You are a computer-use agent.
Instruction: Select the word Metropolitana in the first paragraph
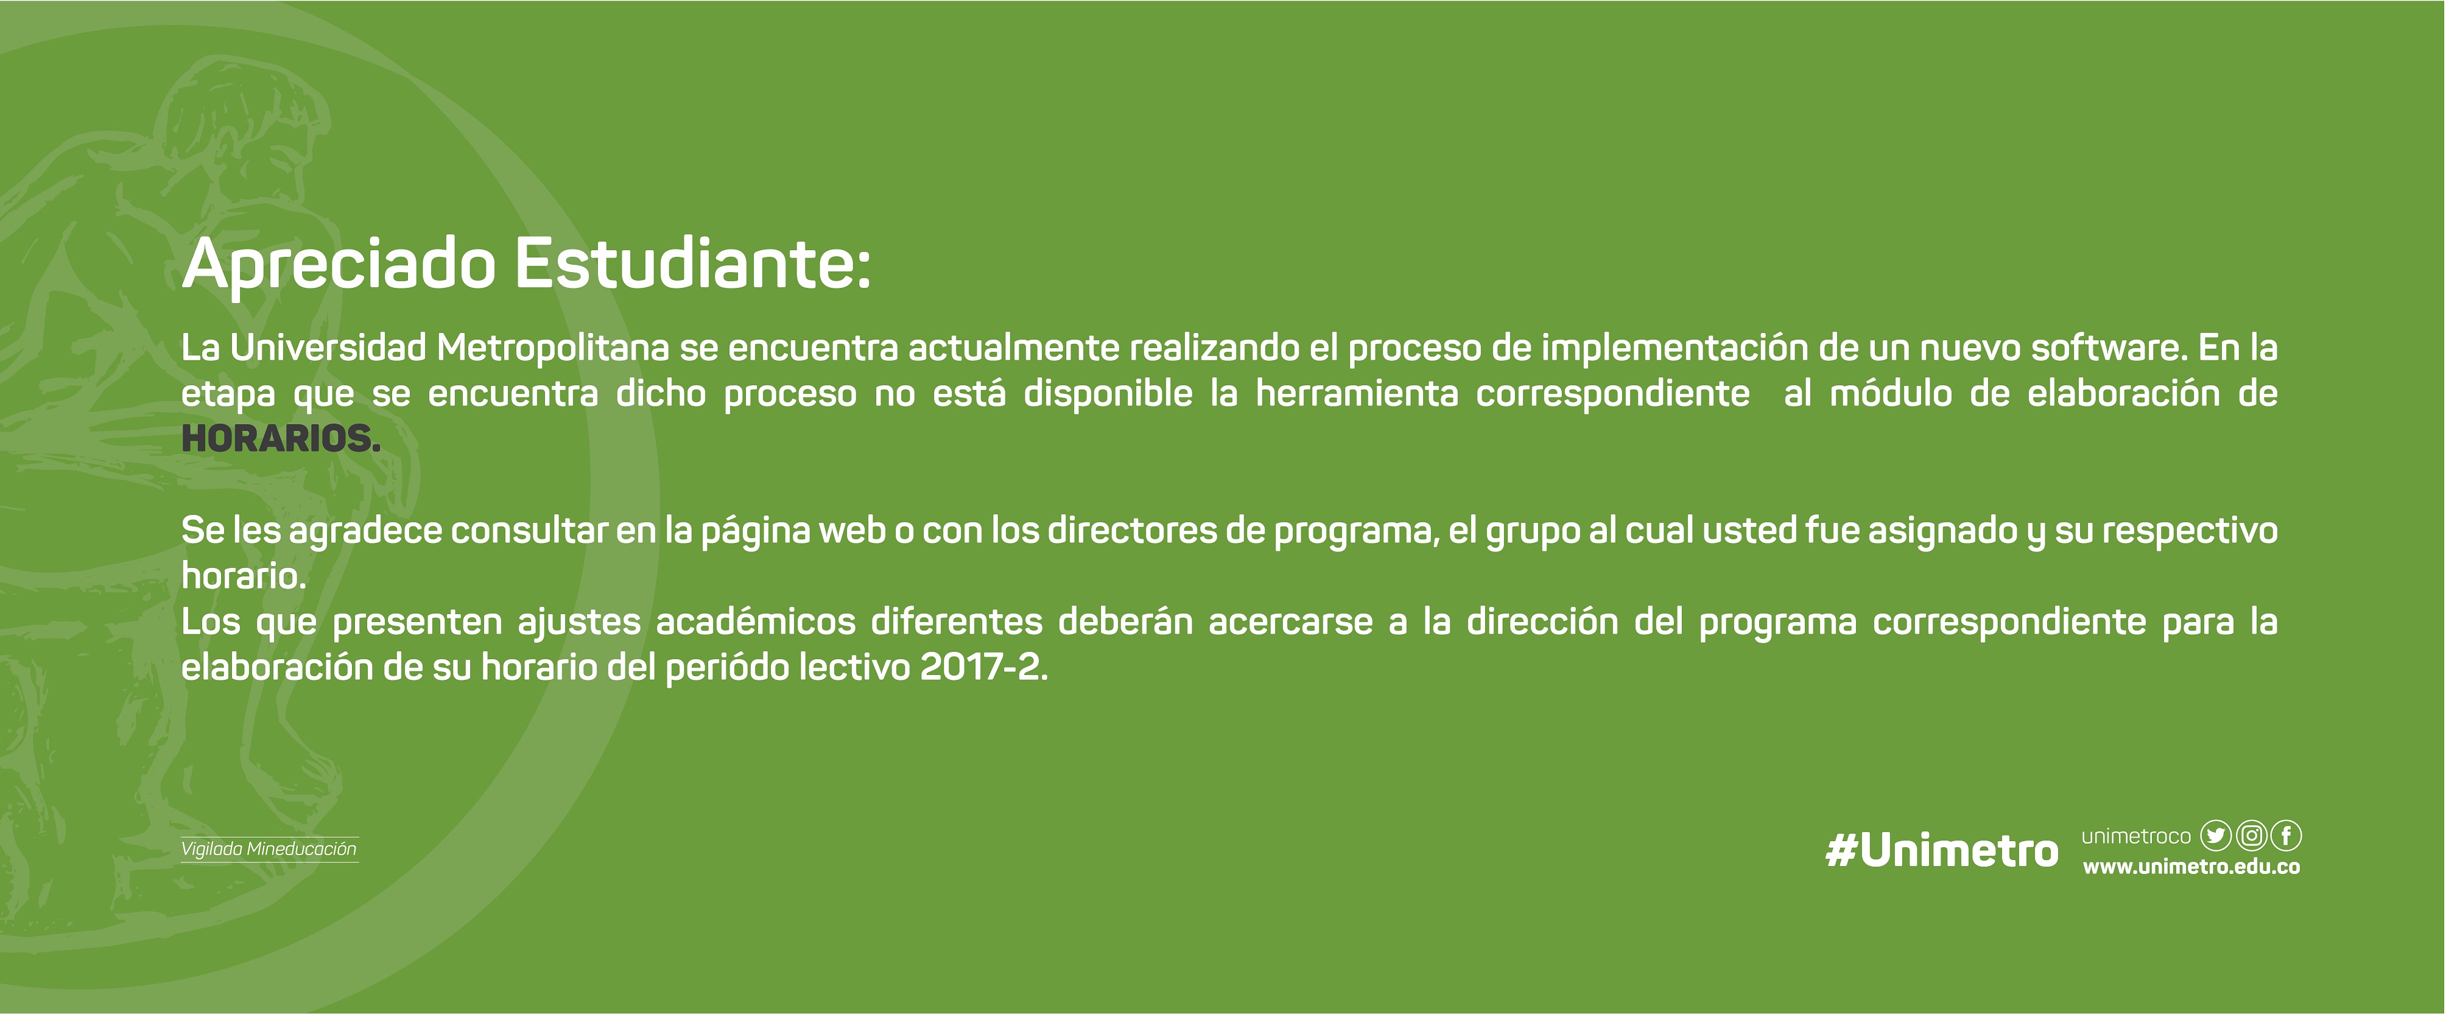coord(553,348)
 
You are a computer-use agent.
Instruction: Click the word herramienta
coord(1357,393)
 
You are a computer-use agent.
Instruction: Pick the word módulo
coord(1891,393)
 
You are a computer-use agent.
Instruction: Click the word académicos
coord(756,622)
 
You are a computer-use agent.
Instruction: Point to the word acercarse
coord(1290,622)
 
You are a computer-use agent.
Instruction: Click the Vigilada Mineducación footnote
coord(269,849)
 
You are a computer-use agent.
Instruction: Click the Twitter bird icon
coord(2215,836)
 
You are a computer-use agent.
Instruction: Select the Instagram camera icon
coord(2251,836)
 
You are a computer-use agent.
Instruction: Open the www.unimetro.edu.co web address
coord(2191,867)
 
